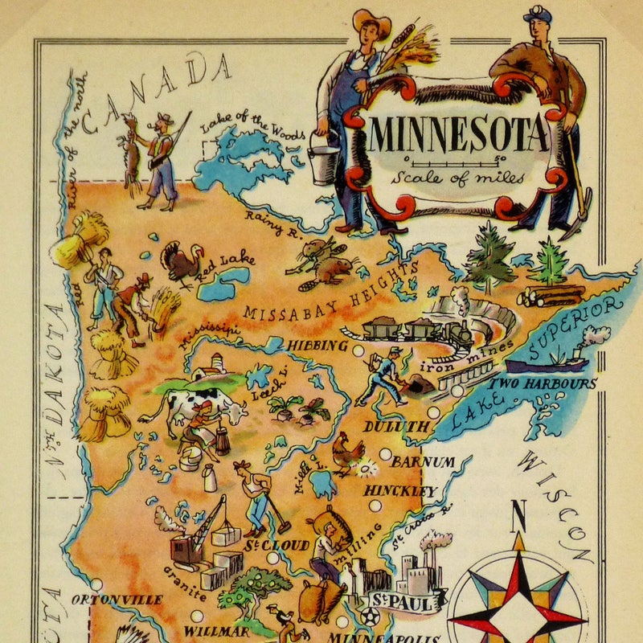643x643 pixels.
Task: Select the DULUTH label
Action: click(395, 427)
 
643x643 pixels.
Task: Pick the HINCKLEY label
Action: click(400, 490)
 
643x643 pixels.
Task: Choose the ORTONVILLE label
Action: click(117, 600)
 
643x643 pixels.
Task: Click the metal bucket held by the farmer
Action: click(323, 158)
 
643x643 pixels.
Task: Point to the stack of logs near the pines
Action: click(551, 296)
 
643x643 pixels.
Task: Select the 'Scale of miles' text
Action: click(458, 178)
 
